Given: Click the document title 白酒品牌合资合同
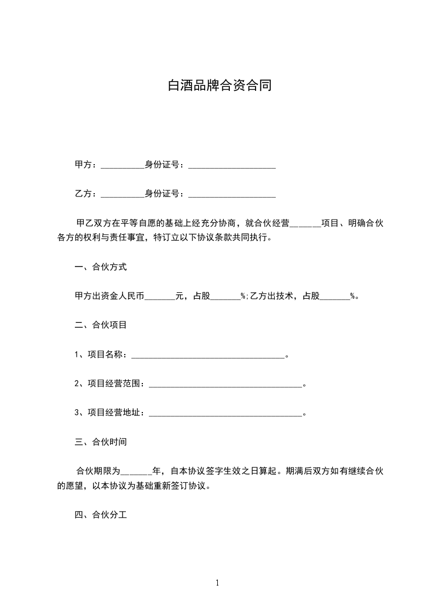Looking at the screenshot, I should pos(219,86).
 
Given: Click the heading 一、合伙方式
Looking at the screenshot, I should pos(101,267).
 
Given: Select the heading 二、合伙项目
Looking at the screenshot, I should pos(101,325).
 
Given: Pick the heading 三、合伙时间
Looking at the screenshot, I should pos(101,442).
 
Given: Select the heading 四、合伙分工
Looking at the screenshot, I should pos(101,515).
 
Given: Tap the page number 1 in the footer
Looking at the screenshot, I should pos(217,583).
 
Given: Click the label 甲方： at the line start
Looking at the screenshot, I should pos(86,164).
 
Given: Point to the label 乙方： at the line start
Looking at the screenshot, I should pos(86,193).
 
